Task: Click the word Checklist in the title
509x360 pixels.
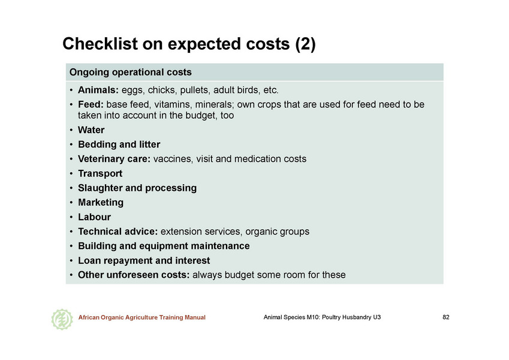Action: [100, 44]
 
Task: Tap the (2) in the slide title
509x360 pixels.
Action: [306, 44]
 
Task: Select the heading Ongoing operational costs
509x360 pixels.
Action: [131, 72]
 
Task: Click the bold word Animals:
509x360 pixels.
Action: [98, 90]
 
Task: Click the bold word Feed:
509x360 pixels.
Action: [91, 104]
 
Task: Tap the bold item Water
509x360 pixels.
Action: [91, 130]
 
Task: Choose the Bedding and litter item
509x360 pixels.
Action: [119, 145]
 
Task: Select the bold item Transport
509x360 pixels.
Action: [100, 173]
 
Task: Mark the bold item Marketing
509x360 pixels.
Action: [101, 203]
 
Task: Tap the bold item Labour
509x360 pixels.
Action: [95, 217]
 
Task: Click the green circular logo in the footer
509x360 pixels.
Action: [62, 319]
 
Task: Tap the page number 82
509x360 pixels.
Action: [446, 317]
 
